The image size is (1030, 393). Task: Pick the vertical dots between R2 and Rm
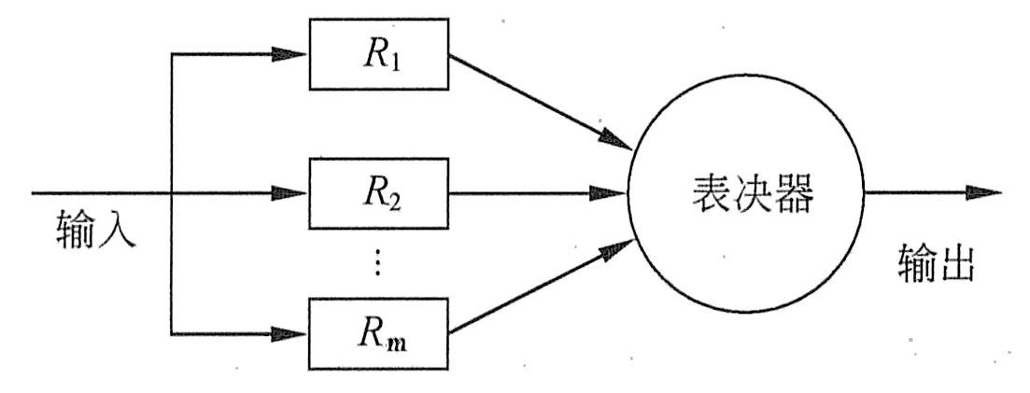click(x=377, y=264)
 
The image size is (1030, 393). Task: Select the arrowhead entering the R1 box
click(x=293, y=54)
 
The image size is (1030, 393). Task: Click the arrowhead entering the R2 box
click(x=293, y=194)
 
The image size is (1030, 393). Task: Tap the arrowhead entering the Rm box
click(x=293, y=331)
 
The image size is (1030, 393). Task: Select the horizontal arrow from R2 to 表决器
click(x=532, y=194)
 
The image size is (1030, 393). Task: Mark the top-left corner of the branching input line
click(x=173, y=54)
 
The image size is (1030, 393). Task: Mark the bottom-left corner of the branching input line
click(x=173, y=331)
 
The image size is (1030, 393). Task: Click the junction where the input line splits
click(x=173, y=194)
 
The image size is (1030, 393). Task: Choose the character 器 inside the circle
click(x=794, y=195)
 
